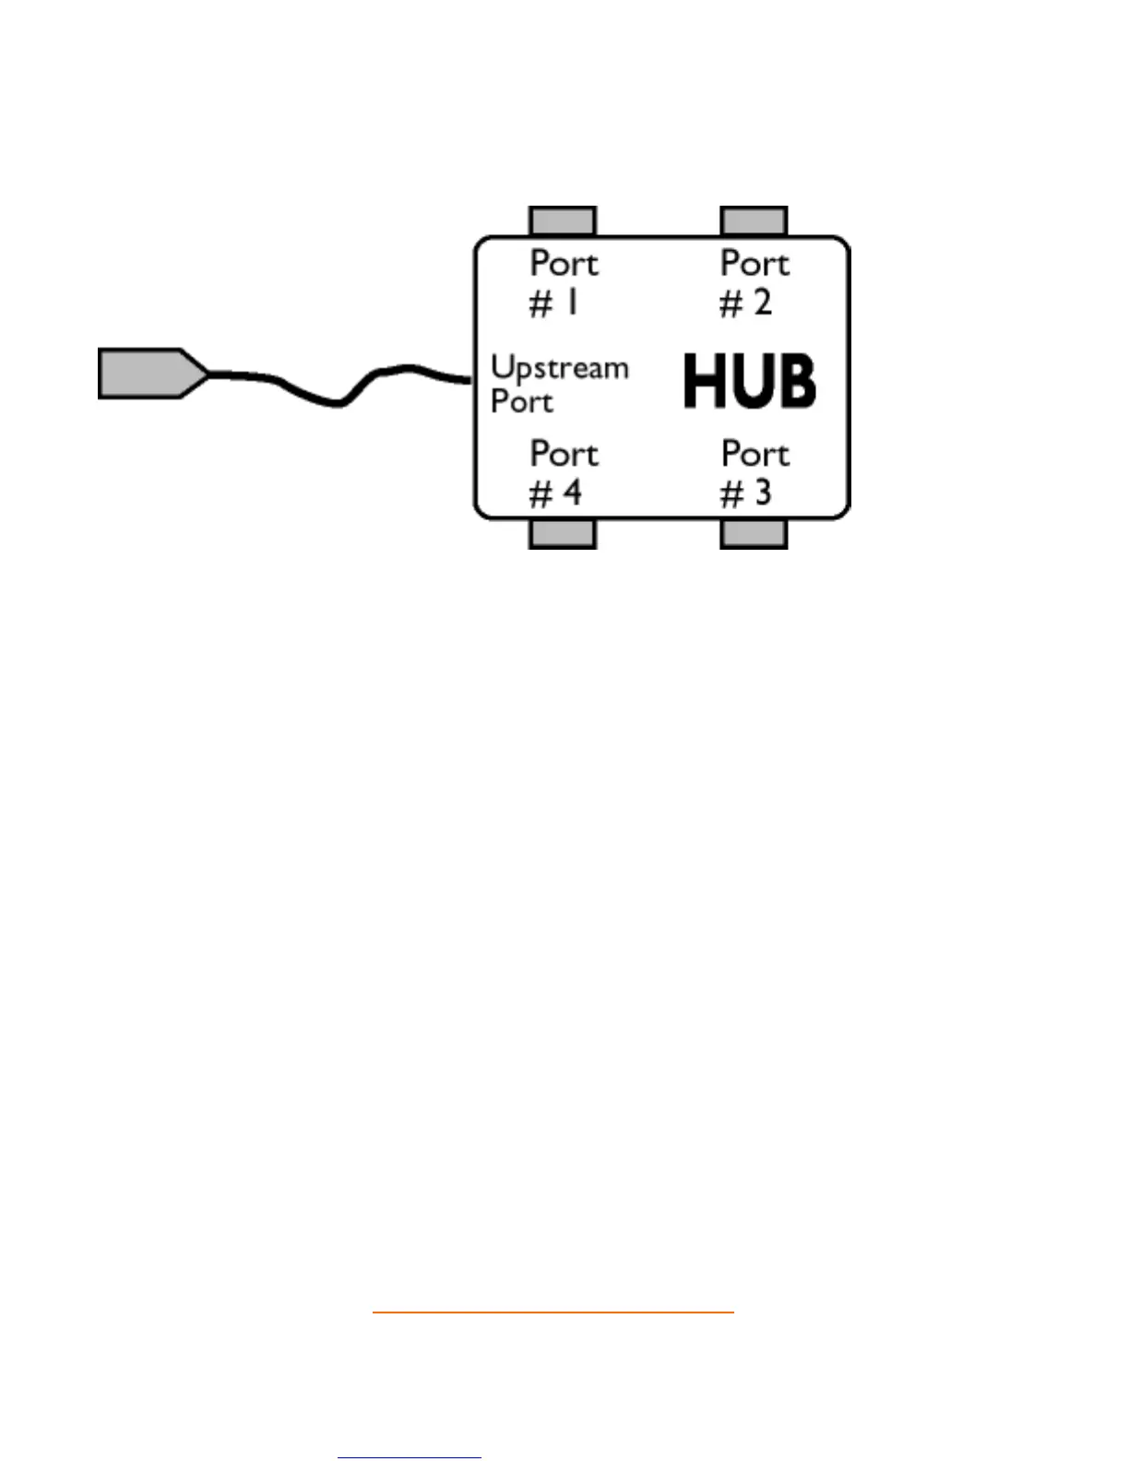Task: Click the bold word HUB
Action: point(749,382)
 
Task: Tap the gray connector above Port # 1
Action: point(563,221)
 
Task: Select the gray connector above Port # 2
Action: point(754,221)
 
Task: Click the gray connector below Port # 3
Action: point(754,533)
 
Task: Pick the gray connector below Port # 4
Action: point(563,533)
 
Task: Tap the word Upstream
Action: point(559,369)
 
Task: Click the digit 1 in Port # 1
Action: point(573,303)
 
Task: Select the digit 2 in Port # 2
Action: point(762,303)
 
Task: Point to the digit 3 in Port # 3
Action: point(762,493)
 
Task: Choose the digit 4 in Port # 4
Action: point(572,493)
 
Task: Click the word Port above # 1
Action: point(564,264)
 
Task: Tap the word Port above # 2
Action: point(755,264)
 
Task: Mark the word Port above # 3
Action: point(755,454)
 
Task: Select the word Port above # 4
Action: point(564,454)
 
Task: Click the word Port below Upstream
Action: point(522,402)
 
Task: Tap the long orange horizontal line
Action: point(553,1311)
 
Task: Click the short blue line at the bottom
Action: point(410,1457)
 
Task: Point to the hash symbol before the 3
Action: point(731,494)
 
